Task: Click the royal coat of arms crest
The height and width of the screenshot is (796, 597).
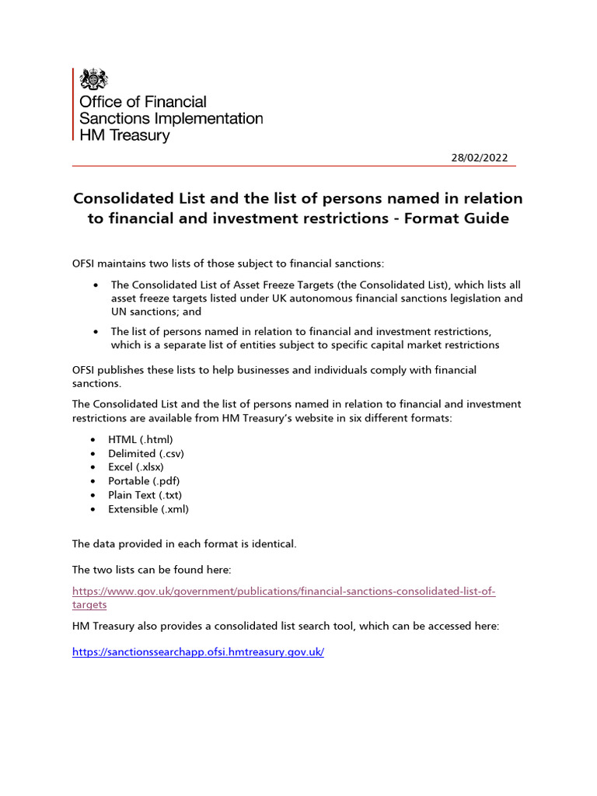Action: [x=94, y=79]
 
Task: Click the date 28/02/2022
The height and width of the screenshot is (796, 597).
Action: [x=480, y=157]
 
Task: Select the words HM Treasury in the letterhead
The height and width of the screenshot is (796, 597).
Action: [x=124, y=135]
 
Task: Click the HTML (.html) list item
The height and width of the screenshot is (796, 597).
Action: [x=141, y=439]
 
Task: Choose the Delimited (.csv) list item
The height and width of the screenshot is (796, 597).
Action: [x=146, y=453]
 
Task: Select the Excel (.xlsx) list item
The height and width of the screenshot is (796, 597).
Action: [x=136, y=467]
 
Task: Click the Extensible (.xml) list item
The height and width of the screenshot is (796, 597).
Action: [x=148, y=509]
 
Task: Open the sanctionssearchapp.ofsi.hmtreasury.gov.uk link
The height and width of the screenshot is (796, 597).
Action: [x=197, y=652]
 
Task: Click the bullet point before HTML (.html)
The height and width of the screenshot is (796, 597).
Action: [x=93, y=440]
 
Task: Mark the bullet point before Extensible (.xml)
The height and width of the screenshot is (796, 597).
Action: [x=93, y=510]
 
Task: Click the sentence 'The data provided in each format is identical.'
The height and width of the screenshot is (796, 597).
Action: [x=184, y=544]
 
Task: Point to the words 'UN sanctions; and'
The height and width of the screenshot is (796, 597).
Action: [x=156, y=312]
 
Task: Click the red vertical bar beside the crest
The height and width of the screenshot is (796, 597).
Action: [x=74, y=105]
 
